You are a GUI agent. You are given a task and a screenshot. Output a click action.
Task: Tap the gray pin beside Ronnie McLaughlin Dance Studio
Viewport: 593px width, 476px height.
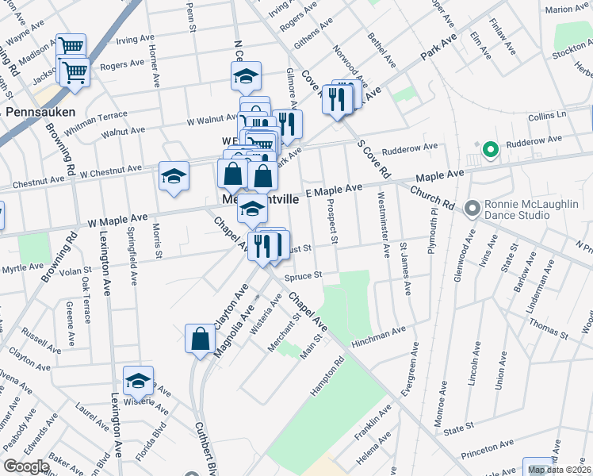click(473, 208)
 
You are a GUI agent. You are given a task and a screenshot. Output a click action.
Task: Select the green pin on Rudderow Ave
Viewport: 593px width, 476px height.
click(490, 148)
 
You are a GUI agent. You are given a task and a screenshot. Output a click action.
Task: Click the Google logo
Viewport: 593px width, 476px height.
click(26, 466)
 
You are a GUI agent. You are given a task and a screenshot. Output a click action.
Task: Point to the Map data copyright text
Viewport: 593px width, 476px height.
click(560, 470)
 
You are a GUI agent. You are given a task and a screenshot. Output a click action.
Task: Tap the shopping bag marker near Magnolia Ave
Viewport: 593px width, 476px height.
click(200, 339)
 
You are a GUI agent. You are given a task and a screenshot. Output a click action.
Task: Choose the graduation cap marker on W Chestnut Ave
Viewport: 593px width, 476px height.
click(174, 176)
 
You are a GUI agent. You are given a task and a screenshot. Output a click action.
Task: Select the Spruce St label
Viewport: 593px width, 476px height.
click(304, 276)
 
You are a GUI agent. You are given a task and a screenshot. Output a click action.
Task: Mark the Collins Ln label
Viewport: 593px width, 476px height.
click(548, 116)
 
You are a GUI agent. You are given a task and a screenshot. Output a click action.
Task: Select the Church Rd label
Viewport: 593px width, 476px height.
click(430, 198)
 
